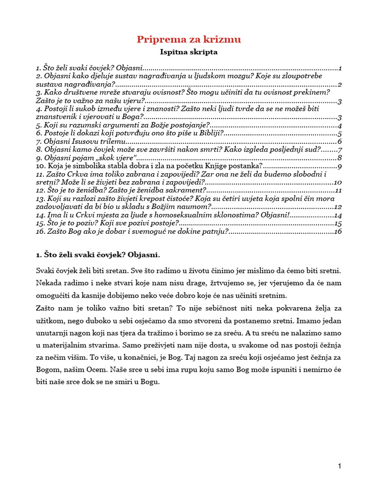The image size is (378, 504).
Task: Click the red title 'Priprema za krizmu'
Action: [189, 39]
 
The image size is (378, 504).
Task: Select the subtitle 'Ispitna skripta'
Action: [189, 51]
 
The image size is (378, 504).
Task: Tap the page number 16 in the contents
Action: [338, 231]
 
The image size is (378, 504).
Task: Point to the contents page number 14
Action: [338, 215]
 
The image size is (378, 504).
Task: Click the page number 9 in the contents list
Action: [340, 166]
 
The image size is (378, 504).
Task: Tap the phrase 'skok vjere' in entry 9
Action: [118, 158]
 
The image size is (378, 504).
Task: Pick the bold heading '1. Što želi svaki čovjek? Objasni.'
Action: [98, 255]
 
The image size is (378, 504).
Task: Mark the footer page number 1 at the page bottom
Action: [340, 467]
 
